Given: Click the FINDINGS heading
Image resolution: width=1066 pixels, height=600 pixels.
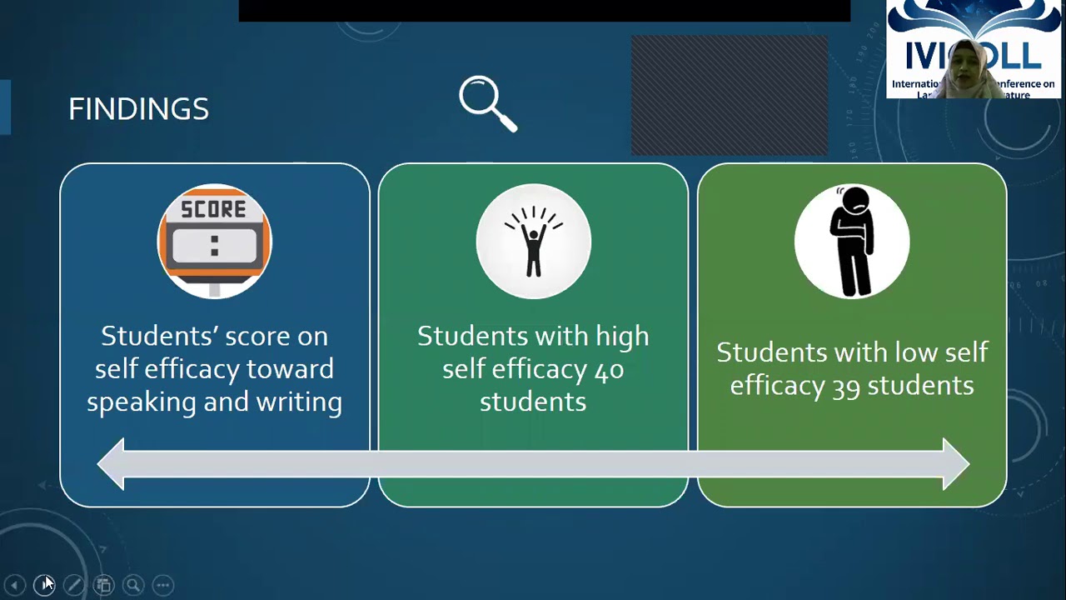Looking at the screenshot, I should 138,109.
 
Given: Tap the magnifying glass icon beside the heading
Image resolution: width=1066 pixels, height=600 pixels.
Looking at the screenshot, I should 487,103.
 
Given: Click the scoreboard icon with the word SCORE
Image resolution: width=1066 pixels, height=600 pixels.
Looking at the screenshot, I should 214,241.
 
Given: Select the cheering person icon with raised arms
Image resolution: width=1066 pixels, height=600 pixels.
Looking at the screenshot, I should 533,241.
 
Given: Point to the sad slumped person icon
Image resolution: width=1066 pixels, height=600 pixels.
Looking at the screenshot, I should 852,241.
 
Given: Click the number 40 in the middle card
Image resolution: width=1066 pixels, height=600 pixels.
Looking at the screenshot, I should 609,369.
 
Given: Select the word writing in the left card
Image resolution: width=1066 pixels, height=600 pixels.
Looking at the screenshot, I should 299,402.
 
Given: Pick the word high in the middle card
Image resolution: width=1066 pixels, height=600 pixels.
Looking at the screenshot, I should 621,337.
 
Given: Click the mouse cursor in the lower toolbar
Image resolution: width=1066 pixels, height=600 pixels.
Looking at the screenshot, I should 46,582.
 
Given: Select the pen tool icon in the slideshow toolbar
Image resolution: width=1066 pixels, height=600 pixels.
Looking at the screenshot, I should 73,585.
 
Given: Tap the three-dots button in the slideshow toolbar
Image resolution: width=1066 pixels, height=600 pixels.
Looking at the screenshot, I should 162,585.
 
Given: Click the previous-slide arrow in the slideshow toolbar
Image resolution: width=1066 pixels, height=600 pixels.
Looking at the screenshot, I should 14,585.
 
